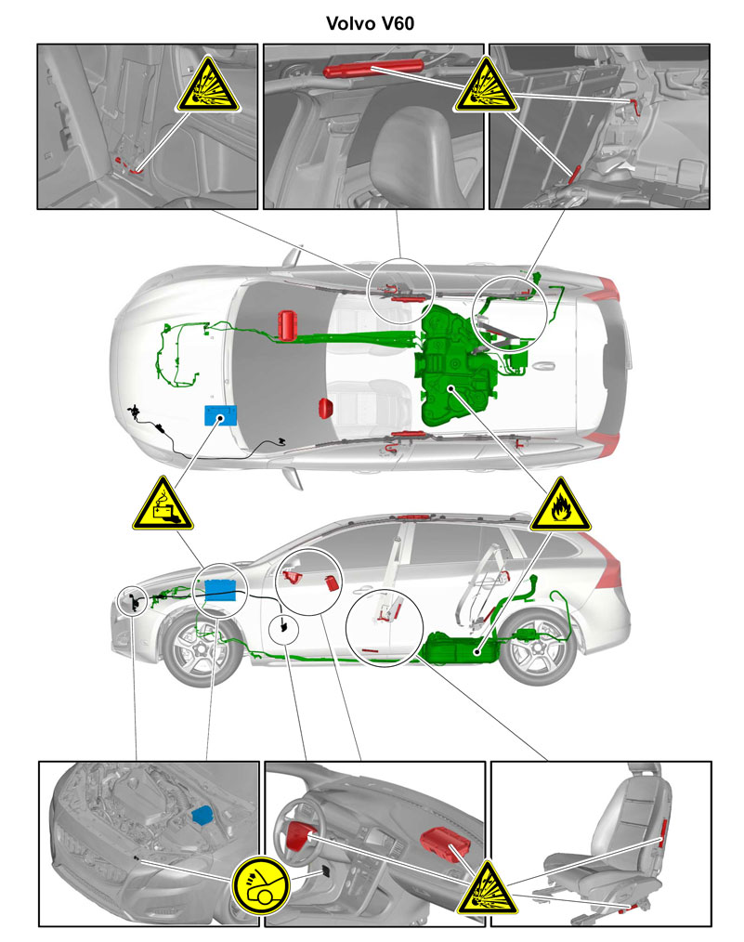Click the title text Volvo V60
point(370,23)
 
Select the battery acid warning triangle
point(163,504)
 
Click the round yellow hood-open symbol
point(262,886)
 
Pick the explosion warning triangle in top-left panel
point(208,85)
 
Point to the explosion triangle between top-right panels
point(485,85)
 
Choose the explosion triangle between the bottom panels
point(487,888)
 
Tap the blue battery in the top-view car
point(220,414)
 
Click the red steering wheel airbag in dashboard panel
point(299,836)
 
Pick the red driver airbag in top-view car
point(289,326)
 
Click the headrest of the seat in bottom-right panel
point(645,773)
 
